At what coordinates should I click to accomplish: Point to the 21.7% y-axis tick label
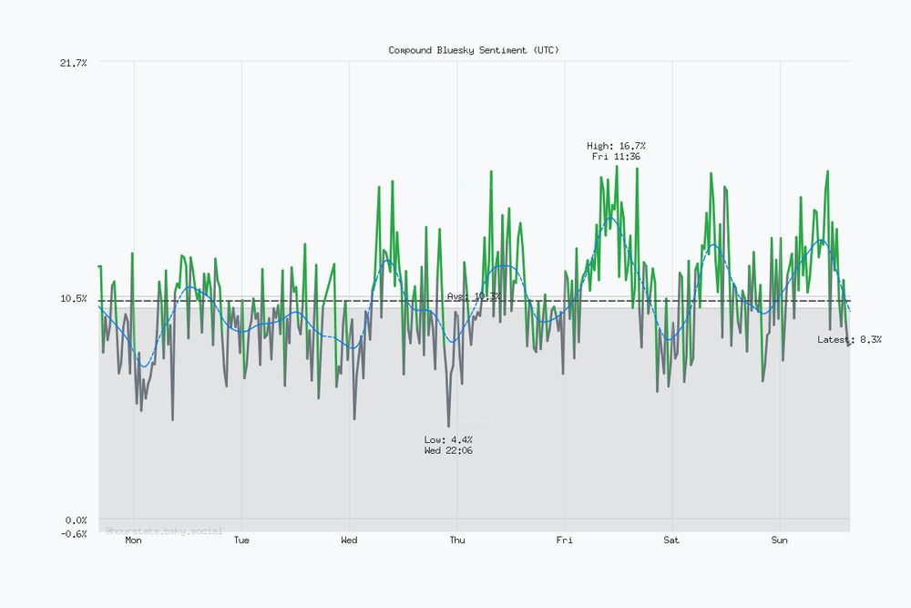(x=73, y=62)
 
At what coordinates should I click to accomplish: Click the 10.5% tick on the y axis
(x=73, y=299)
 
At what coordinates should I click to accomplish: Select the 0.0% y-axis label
(x=76, y=520)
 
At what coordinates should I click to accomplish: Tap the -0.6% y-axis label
(x=73, y=533)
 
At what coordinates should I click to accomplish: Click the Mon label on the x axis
(x=133, y=541)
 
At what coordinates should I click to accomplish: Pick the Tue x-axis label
(x=241, y=541)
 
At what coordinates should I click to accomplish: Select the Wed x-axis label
(x=349, y=541)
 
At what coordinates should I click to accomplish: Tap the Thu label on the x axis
(x=457, y=541)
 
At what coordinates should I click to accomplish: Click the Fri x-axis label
(x=565, y=541)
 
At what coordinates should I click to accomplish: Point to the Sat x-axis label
(x=671, y=541)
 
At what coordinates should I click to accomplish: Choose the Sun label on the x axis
(x=780, y=541)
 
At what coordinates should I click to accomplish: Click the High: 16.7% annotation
(x=617, y=146)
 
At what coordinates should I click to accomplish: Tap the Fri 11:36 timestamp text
(x=617, y=157)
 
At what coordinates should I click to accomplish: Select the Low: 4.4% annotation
(x=448, y=439)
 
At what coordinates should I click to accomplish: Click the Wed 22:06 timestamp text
(x=448, y=450)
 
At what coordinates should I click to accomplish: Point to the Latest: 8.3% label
(x=849, y=339)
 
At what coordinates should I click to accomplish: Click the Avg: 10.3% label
(x=474, y=296)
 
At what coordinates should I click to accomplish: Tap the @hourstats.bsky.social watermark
(x=164, y=531)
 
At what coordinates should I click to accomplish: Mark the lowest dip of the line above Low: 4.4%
(x=448, y=426)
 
